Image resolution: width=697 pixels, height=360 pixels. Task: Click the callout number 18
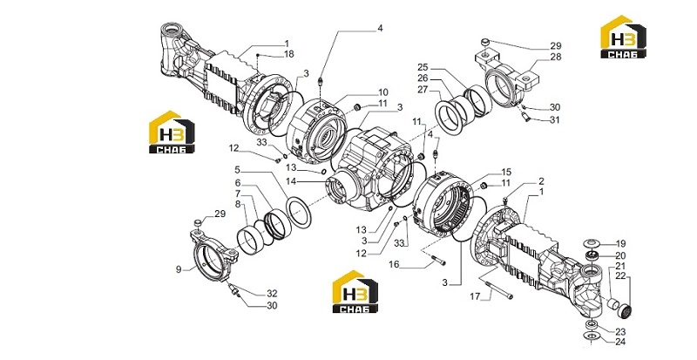(289, 54)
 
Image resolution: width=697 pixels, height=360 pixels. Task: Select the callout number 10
(383, 92)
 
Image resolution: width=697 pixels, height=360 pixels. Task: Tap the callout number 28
(556, 57)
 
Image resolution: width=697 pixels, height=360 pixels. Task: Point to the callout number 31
(555, 119)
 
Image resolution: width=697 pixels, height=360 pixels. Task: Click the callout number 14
(291, 181)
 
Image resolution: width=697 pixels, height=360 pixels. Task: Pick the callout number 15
(506, 172)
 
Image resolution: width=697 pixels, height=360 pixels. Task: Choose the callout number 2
(541, 181)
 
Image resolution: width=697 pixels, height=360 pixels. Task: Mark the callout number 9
(179, 269)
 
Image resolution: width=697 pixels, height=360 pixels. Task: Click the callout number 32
(272, 293)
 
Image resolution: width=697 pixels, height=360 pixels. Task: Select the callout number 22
(620, 276)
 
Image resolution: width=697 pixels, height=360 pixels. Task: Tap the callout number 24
(620, 342)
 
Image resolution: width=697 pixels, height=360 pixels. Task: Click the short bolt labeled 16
(438, 260)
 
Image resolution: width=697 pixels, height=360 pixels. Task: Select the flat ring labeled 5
(299, 214)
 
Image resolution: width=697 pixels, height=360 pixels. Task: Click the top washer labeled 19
(592, 243)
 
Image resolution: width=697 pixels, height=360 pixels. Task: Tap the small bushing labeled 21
(612, 304)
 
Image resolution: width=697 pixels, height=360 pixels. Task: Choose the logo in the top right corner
(623, 37)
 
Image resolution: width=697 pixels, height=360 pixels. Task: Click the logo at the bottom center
(355, 291)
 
